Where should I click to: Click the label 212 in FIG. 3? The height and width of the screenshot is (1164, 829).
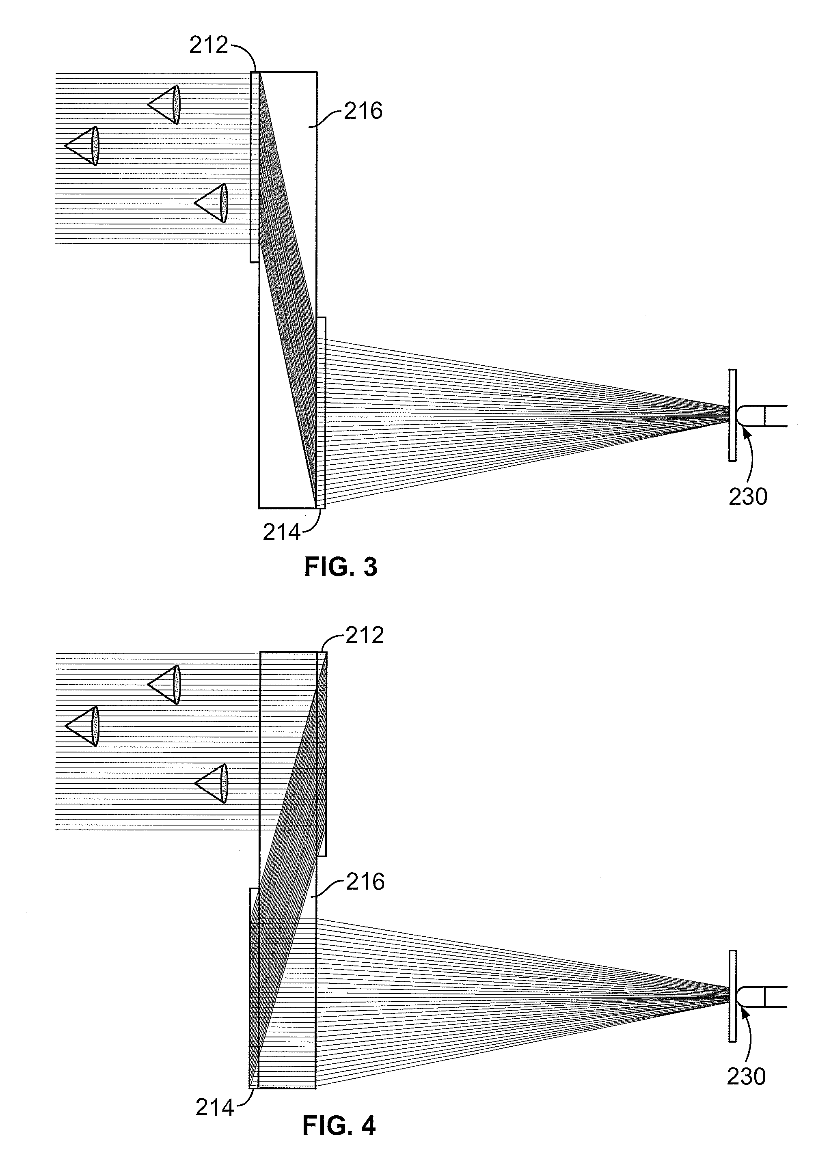point(208,45)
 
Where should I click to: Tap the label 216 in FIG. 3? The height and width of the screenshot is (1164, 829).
point(363,111)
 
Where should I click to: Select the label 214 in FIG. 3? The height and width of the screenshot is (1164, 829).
point(281,533)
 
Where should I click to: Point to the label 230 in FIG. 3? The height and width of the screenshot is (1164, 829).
point(747,496)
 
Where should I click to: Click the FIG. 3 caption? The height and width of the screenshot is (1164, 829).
point(341,567)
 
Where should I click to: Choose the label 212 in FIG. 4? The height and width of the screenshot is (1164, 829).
point(365,635)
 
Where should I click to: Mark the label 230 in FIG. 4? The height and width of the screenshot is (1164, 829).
point(746,1077)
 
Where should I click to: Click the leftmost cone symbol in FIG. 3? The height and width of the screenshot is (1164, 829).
point(82,146)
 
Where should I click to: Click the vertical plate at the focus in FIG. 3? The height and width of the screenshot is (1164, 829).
point(732,415)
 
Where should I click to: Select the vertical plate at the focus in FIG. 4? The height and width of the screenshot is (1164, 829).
point(732,996)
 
